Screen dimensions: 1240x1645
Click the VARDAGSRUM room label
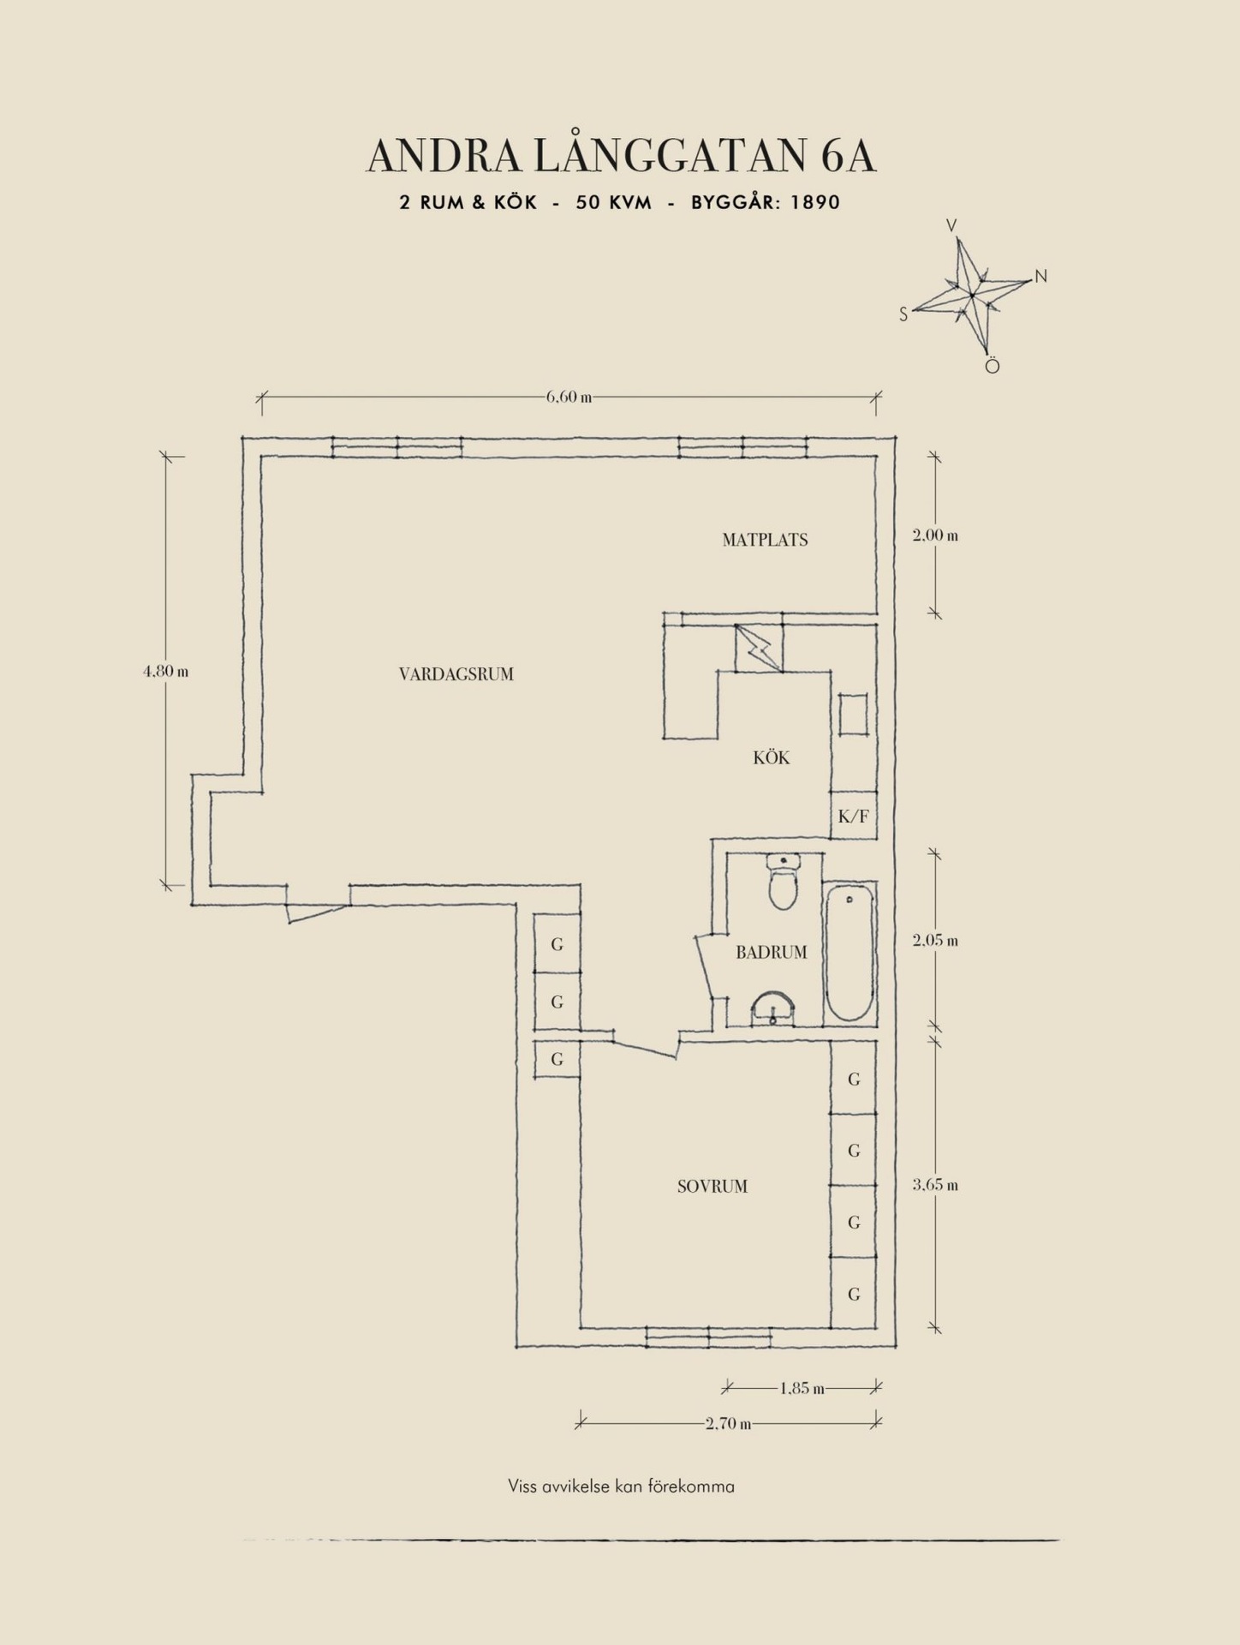point(456,674)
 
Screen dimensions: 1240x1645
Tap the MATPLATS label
point(765,540)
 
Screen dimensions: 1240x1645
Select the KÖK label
point(772,757)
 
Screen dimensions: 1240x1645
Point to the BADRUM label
point(772,952)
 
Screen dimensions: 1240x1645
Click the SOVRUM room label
point(712,1187)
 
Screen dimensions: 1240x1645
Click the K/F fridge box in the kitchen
point(854,817)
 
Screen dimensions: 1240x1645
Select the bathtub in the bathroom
point(850,953)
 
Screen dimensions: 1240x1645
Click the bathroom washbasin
point(773,1009)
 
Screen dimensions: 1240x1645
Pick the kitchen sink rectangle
point(853,715)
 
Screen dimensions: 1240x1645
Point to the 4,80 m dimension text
point(165,672)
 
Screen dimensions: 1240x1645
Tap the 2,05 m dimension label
point(935,941)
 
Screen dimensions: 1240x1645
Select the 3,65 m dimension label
point(935,1186)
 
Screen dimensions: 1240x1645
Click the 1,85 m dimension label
point(802,1389)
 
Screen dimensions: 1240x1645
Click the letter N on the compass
point(1041,276)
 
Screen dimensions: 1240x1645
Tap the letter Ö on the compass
point(992,366)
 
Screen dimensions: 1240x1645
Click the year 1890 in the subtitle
point(815,203)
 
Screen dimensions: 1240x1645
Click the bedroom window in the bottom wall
point(708,1337)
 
